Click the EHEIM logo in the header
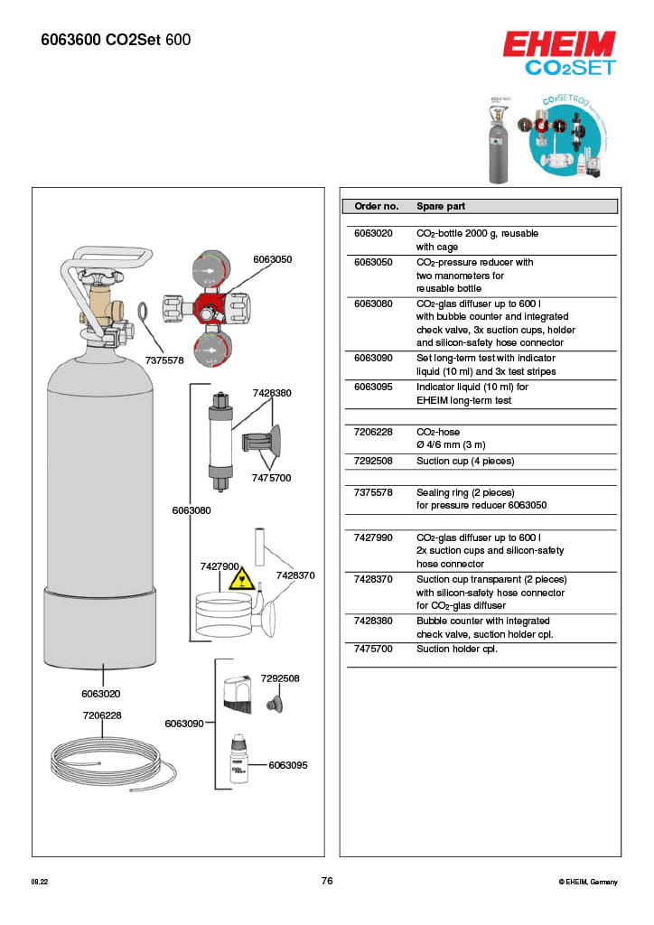pos(558,44)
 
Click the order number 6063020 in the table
pos(373,233)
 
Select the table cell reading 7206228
pos(373,432)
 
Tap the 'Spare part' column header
pos(441,206)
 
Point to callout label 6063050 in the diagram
pos(272,259)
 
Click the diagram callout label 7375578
pos(164,360)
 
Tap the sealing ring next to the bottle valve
pos(144,313)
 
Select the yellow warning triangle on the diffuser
pos(239,578)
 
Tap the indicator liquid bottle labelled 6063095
pos(238,757)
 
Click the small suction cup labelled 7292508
pos(268,703)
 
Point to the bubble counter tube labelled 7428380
pos(218,434)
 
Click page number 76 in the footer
pos(327,881)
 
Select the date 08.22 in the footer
pos(40,882)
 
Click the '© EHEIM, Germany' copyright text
pos(587,882)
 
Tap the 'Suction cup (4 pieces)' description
pos(464,461)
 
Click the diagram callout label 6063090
pos(183,724)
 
